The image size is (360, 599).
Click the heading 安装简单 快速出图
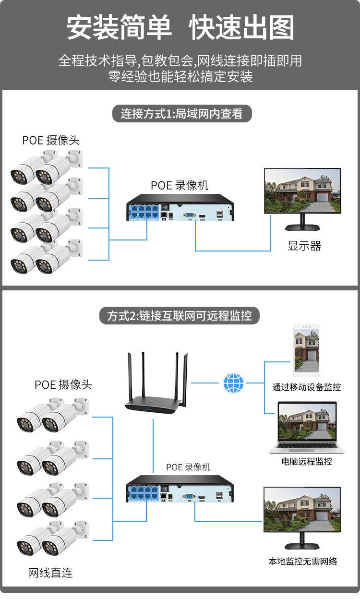[x=180, y=28]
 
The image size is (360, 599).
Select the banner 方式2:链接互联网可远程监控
[x=180, y=316]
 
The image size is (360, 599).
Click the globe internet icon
[x=234, y=383]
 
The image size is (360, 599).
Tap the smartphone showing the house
[x=307, y=351]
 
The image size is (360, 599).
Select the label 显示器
[x=304, y=246]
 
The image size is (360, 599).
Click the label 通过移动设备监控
[x=307, y=387]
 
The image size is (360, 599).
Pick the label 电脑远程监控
[x=307, y=462]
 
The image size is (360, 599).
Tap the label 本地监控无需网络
[x=303, y=561]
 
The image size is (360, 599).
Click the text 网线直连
[x=50, y=573]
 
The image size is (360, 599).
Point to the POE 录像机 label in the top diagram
[x=180, y=185]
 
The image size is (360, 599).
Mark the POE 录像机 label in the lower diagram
[x=188, y=467]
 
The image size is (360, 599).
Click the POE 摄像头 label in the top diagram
[x=51, y=140]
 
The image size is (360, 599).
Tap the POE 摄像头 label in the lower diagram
[x=63, y=384]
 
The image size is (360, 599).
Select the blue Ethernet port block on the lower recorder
[x=143, y=492]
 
